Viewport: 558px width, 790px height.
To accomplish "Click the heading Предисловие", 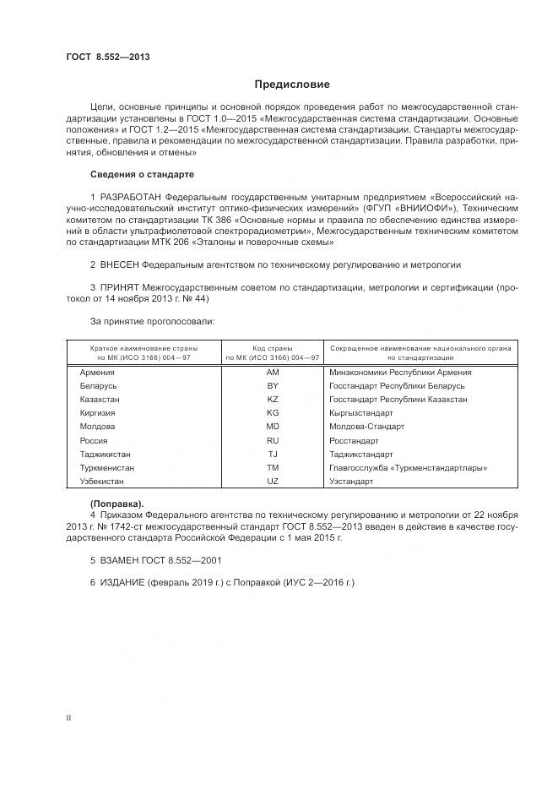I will (x=292, y=84).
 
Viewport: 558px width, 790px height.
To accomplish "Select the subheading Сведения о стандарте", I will (x=142, y=174).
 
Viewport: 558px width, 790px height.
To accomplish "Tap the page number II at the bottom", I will (x=68, y=717).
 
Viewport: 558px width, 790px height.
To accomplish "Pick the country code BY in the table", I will (x=272, y=386).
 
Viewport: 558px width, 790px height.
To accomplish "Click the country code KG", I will (x=272, y=413).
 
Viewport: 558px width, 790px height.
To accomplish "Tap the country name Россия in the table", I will (x=94, y=440).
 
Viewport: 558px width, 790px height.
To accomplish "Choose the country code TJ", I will (x=272, y=454).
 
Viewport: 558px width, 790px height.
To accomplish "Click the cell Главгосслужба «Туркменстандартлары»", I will (x=409, y=467).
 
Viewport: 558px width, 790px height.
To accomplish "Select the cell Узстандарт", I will (x=351, y=481).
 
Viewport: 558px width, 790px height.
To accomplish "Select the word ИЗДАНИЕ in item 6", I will (x=123, y=583).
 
